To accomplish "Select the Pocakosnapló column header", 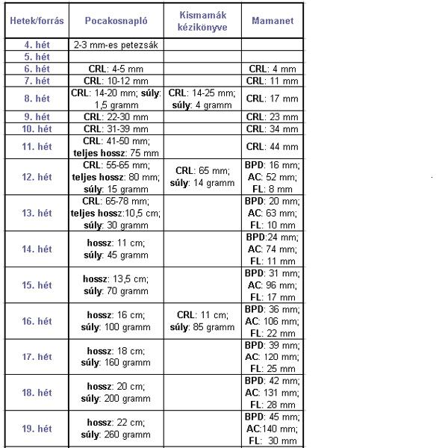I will (116, 21).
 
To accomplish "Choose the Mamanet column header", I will (273, 21).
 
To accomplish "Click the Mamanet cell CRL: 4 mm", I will (273, 69).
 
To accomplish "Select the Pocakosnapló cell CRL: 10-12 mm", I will (116, 81).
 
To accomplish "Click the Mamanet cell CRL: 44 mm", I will (273, 146).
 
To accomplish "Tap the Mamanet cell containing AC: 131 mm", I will (273, 393).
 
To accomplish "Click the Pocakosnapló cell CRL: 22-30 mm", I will (116, 116).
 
